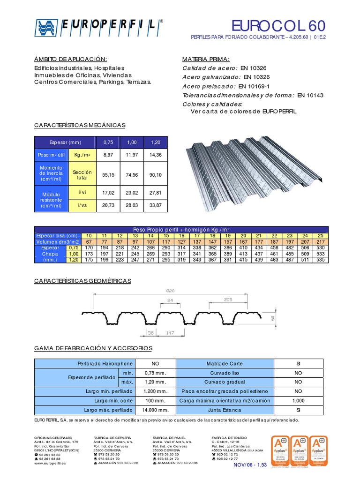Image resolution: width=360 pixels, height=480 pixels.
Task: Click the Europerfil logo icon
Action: pos(46,28)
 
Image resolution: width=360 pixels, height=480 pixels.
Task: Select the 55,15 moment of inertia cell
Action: pos(108,175)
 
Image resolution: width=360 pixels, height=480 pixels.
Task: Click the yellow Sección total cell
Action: pos(82,175)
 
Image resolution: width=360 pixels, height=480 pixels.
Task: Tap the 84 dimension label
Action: pos(170,300)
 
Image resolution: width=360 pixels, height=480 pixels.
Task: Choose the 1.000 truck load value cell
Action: pos(298,400)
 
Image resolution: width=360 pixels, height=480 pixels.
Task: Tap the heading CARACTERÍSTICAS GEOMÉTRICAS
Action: pos(83,281)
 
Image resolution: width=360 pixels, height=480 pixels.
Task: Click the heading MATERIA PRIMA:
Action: pos(206,59)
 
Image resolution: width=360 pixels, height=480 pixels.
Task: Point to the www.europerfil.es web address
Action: pos(51,463)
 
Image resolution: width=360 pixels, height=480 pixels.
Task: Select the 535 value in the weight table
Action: pos(321,260)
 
